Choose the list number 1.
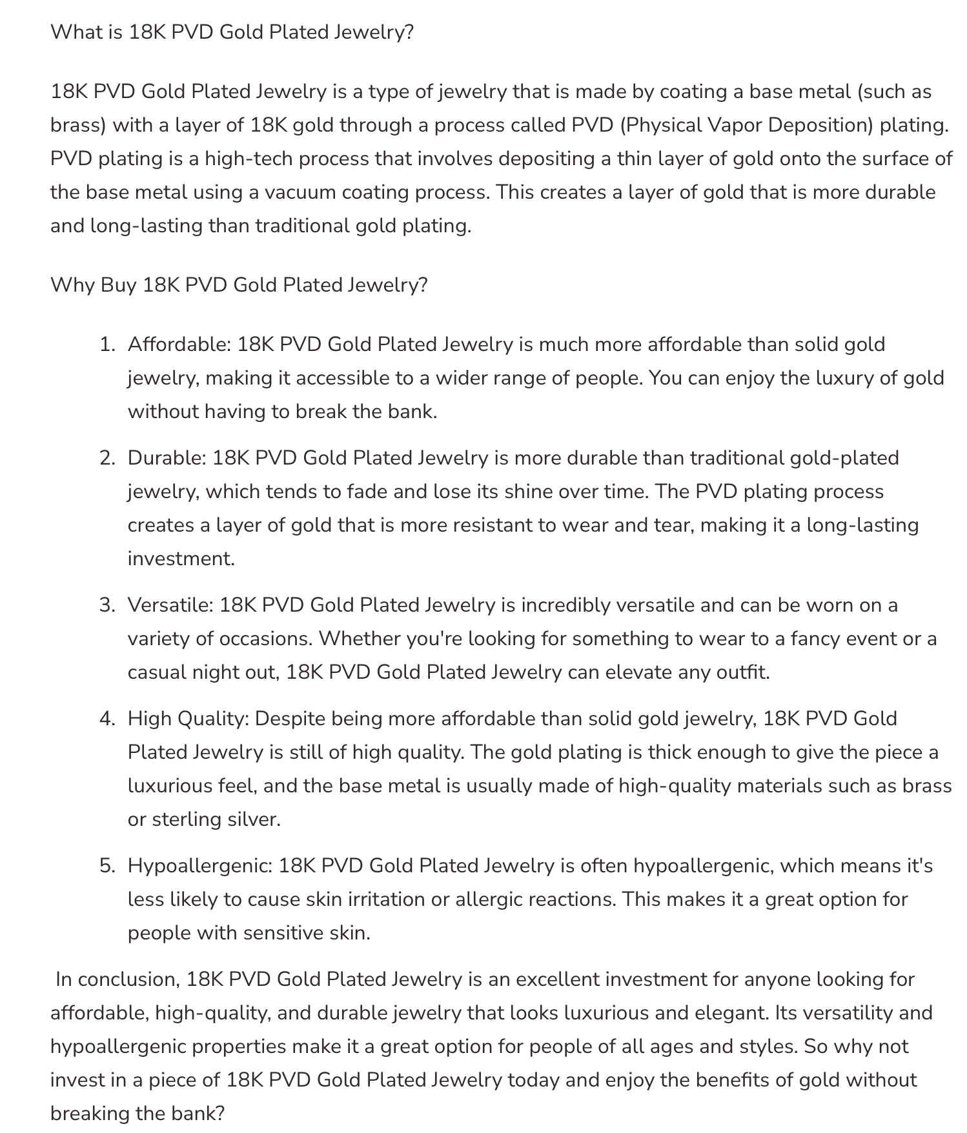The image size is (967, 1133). click(x=106, y=345)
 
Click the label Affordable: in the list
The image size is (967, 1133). click(x=179, y=345)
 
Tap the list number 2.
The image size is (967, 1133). click(x=107, y=458)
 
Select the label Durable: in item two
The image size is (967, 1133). click(x=167, y=458)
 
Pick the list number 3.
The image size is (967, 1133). click(x=107, y=605)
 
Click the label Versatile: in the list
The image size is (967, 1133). click(x=170, y=605)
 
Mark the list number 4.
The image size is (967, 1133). click(x=107, y=719)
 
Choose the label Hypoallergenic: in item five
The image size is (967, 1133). click(x=199, y=866)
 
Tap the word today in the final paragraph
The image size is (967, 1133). click(x=533, y=1080)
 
